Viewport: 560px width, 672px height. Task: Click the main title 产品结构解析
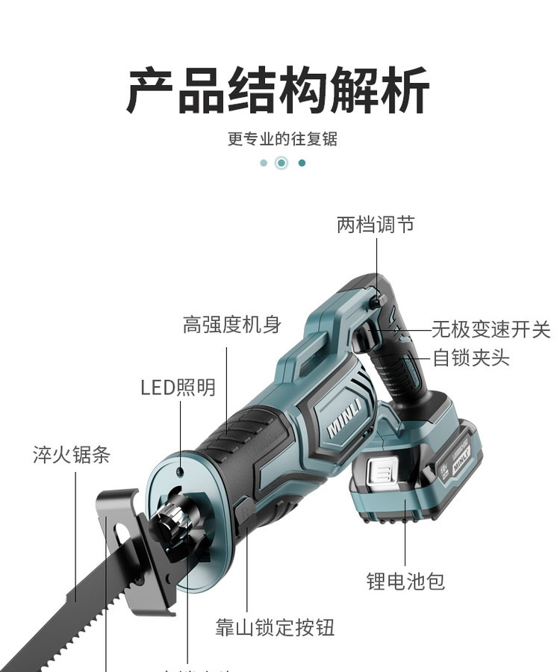[x=278, y=90]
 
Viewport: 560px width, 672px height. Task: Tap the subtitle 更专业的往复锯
[x=282, y=139]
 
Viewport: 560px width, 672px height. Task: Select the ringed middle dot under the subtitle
[x=281, y=163]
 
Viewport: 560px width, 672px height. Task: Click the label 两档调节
[x=376, y=224]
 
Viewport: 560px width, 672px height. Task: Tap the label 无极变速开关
[x=491, y=329]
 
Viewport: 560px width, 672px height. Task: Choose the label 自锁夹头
[x=471, y=358]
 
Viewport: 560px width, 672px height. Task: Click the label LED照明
[x=178, y=387]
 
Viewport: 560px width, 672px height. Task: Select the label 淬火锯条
[x=72, y=454]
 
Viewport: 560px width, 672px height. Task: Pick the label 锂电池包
[x=405, y=581]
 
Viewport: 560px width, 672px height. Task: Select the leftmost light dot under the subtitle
[x=264, y=163]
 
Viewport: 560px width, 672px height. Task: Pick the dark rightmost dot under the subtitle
[x=302, y=163]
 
